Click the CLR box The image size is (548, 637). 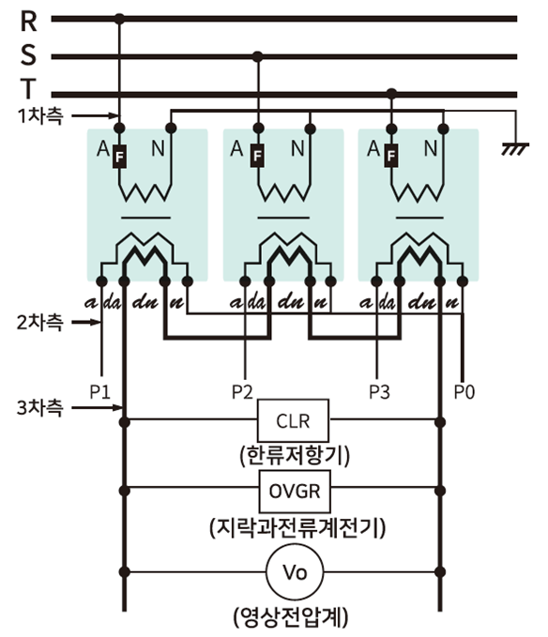point(293,420)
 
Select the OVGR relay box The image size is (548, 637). point(295,492)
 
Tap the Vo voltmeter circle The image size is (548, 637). point(295,572)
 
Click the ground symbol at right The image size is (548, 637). point(515,148)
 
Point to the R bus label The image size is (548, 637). point(28,22)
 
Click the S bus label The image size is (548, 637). point(28,54)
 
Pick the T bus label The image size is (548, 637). point(27,88)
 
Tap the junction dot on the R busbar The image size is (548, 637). point(119,19)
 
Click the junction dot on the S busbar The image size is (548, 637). point(257,56)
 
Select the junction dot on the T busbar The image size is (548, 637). point(391,94)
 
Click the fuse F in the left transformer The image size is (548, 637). point(119,156)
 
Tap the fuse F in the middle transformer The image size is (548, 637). point(257,155)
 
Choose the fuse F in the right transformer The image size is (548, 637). point(390,155)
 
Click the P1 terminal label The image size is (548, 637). point(99,392)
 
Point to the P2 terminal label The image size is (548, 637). point(242,392)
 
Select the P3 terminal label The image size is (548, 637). point(379,392)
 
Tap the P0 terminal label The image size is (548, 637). point(464,392)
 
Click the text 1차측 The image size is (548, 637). point(40,116)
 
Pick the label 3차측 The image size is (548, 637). point(39,407)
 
